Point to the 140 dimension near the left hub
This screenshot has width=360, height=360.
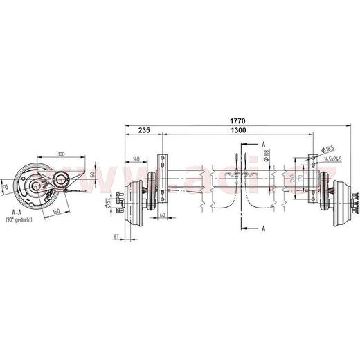click(136, 159)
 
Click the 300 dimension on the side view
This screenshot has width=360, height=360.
click(61, 154)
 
